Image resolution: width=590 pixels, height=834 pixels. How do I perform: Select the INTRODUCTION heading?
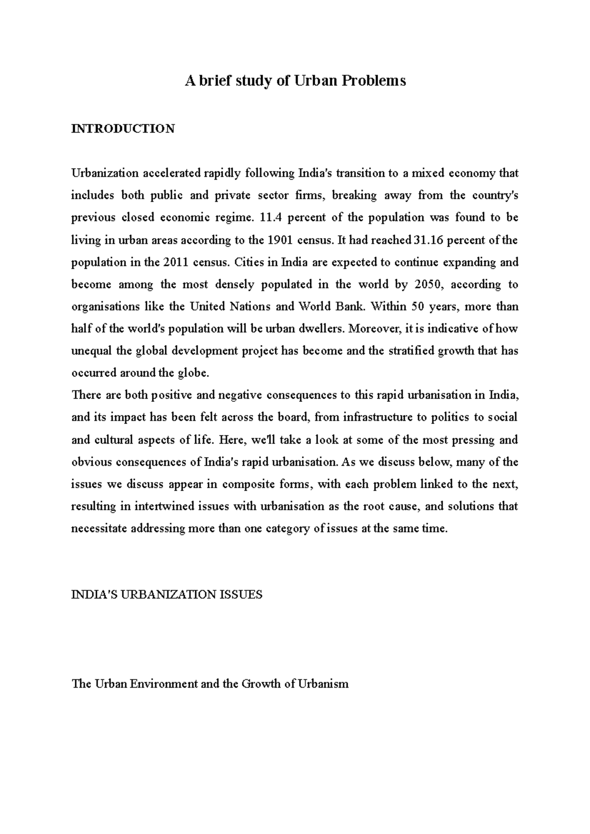coord(123,129)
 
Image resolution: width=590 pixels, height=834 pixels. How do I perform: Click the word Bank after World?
coord(349,306)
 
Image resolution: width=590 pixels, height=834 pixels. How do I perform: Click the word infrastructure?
coord(378,417)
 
